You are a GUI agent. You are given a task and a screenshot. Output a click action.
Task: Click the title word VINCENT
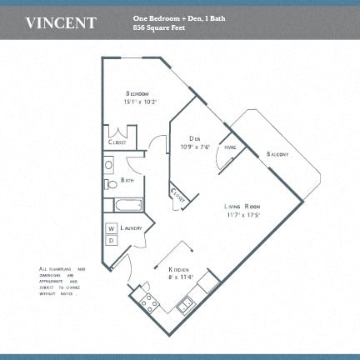[x=61, y=22]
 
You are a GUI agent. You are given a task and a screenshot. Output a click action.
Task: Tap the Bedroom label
[x=138, y=92]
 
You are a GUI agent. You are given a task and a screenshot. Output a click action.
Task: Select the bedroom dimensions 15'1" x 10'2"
[x=141, y=102]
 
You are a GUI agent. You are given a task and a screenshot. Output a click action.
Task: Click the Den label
[x=194, y=138]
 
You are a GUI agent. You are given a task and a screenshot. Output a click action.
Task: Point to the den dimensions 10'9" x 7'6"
[x=194, y=147]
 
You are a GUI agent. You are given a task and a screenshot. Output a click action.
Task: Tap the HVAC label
[x=231, y=147]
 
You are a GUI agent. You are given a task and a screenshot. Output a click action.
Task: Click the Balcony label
[x=278, y=154]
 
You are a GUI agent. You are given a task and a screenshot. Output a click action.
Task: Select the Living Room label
[x=243, y=205]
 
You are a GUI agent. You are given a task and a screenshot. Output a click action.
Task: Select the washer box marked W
[x=111, y=228]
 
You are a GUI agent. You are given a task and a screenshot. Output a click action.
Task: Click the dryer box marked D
[x=111, y=241]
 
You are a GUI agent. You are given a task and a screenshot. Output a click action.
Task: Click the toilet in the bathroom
[x=111, y=183]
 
